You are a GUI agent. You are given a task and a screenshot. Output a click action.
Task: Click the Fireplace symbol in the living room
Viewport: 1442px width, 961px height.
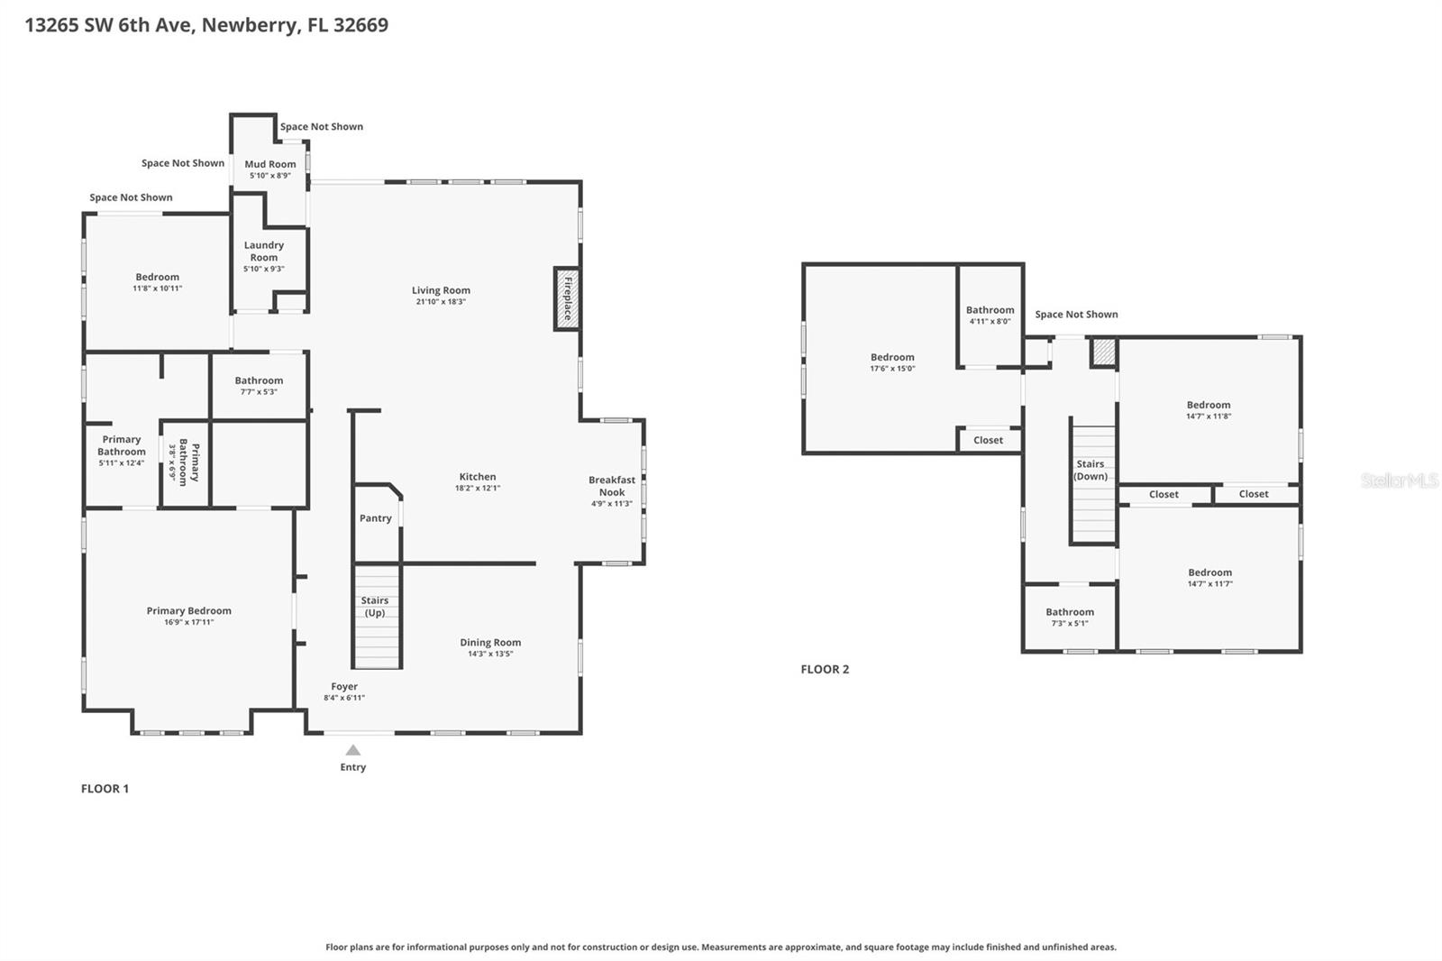click(566, 298)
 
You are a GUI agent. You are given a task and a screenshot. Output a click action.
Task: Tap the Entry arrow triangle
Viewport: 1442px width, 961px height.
click(353, 750)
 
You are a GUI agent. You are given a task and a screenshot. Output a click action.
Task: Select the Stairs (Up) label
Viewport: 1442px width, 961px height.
click(375, 607)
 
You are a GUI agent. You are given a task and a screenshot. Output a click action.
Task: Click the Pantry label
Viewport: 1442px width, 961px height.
click(376, 518)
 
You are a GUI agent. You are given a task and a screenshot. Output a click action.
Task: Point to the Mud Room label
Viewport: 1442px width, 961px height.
click(270, 164)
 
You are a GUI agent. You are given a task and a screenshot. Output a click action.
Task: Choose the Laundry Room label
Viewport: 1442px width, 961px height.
click(264, 251)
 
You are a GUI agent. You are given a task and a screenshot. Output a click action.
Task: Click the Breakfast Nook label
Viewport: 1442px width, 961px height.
click(612, 486)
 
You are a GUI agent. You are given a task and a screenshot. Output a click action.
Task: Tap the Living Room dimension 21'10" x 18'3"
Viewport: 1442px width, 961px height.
click(441, 302)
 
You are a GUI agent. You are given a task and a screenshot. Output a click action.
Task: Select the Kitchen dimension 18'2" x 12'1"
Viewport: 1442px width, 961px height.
click(478, 489)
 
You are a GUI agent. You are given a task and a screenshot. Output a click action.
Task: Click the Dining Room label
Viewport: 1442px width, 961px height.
click(490, 643)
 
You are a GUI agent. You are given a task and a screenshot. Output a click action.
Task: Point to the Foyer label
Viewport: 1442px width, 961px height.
click(344, 687)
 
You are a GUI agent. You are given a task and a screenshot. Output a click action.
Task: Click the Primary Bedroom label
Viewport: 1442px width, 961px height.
click(189, 611)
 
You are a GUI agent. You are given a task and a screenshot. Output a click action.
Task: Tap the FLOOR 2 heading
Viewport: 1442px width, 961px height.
click(825, 669)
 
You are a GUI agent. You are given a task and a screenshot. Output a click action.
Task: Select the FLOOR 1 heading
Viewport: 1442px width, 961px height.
click(105, 789)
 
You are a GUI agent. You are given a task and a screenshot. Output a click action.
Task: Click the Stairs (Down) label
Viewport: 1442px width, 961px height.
click(1091, 470)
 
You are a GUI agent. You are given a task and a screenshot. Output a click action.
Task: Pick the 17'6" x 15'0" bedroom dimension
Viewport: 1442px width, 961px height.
click(892, 369)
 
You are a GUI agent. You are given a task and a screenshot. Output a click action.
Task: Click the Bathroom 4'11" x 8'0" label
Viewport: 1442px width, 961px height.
click(990, 310)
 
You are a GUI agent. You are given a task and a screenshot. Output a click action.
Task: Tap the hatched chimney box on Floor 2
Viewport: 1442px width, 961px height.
click(1103, 352)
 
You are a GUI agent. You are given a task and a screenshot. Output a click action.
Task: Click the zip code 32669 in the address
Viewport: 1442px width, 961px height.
click(360, 24)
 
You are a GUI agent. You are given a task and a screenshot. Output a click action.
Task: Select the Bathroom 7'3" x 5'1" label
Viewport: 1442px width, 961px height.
click(1070, 612)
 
